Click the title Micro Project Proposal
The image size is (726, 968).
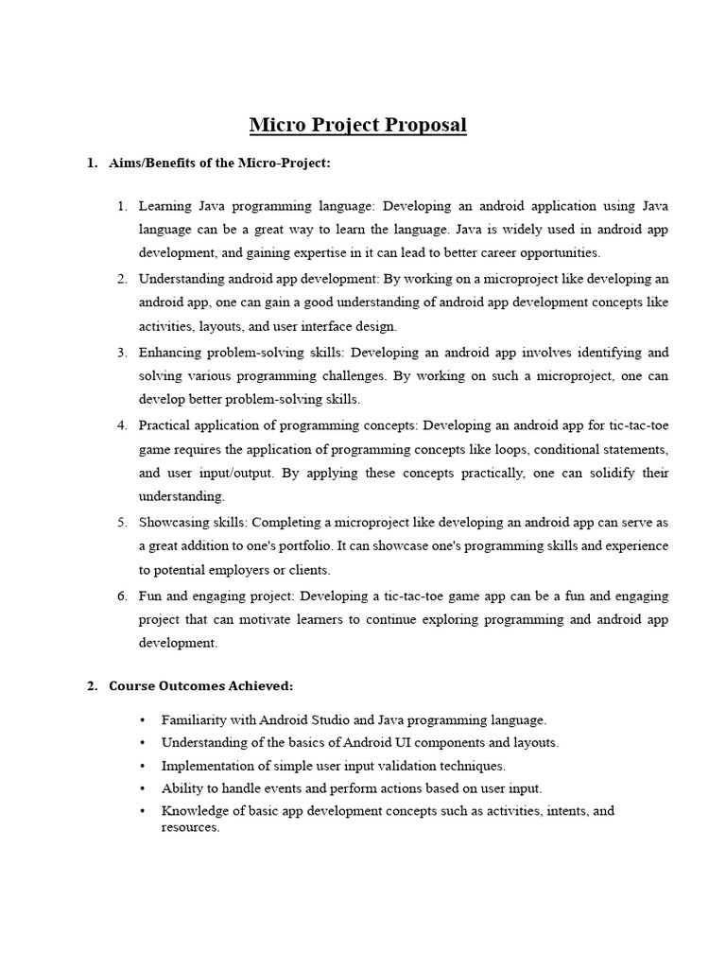pos(358,125)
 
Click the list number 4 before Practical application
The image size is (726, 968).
pos(122,424)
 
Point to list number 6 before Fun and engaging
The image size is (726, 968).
pos(122,596)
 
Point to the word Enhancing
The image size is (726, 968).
pos(169,352)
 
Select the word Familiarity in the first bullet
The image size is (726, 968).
pos(195,720)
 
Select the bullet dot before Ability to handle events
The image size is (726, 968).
pos(142,789)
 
